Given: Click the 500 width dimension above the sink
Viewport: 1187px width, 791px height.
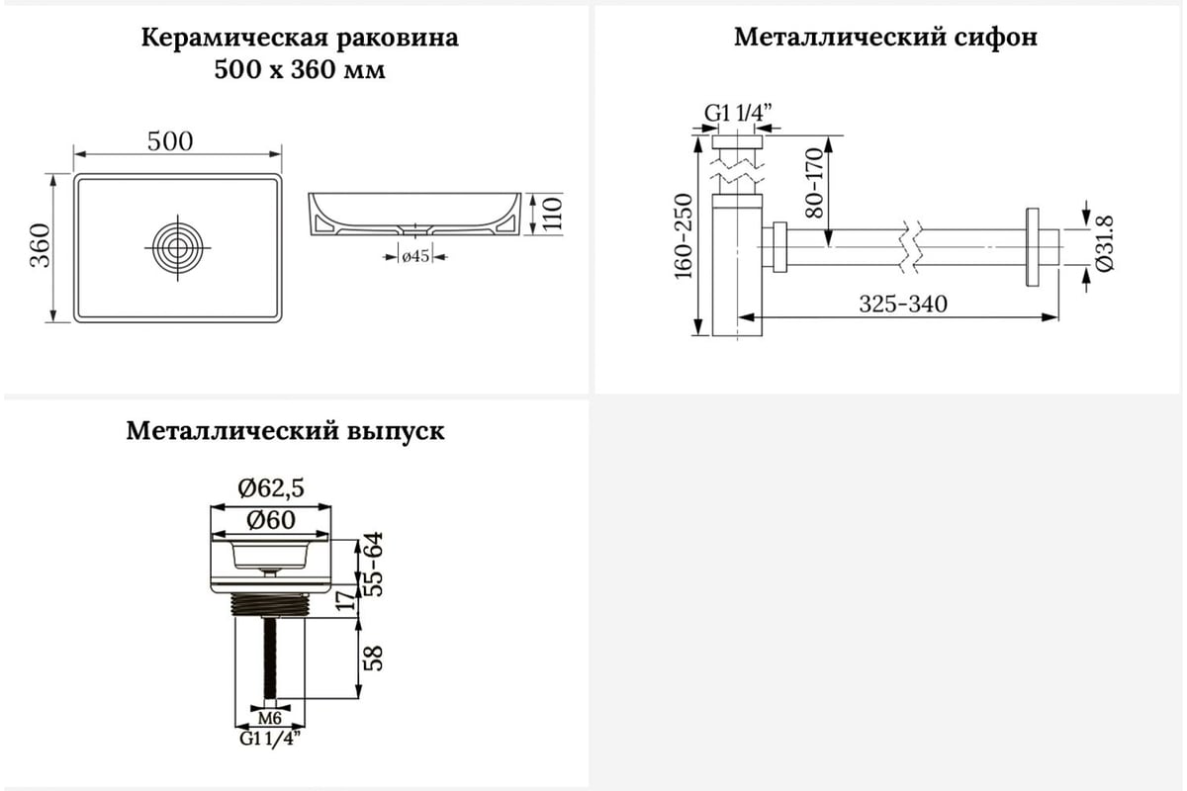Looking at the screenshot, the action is pyautogui.click(x=169, y=141).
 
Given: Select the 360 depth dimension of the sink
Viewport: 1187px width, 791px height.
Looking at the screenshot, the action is pyautogui.click(x=41, y=245).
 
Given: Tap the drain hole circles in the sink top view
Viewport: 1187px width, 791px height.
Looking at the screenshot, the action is pyautogui.click(x=177, y=247).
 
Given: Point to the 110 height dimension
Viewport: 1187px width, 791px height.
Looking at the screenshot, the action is pyautogui.click(x=552, y=214).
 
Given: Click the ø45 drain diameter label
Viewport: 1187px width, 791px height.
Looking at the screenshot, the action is pyautogui.click(x=415, y=256).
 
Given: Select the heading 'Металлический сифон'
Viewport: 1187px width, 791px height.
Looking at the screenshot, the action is pyautogui.click(x=885, y=38).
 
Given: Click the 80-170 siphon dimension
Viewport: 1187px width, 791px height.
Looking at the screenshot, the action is pyautogui.click(x=814, y=183).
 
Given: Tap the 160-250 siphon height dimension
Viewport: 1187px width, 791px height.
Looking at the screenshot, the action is pyautogui.click(x=684, y=236).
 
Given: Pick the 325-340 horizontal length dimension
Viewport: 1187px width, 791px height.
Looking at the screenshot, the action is pyautogui.click(x=903, y=305).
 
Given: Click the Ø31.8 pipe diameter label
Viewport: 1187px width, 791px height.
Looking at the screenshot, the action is pyautogui.click(x=1106, y=243).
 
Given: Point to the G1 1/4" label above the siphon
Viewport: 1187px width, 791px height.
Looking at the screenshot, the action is pyautogui.click(x=738, y=113).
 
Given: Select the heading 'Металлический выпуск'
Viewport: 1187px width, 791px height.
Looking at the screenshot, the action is pyautogui.click(x=285, y=431).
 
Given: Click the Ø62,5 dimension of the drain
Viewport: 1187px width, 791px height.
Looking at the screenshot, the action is pyautogui.click(x=271, y=488).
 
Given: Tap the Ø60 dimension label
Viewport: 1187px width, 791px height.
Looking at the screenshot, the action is pyautogui.click(x=271, y=520).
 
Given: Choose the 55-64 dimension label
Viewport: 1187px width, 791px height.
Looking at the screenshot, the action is pyautogui.click(x=374, y=564).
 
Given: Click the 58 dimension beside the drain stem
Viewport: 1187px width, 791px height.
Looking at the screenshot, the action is pyautogui.click(x=374, y=659).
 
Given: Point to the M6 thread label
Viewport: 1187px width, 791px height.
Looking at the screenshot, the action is pyautogui.click(x=270, y=719).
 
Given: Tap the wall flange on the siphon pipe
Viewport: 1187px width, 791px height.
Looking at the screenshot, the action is pyautogui.click(x=1033, y=247).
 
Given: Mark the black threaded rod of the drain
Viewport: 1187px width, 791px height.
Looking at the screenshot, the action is pyautogui.click(x=270, y=658).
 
